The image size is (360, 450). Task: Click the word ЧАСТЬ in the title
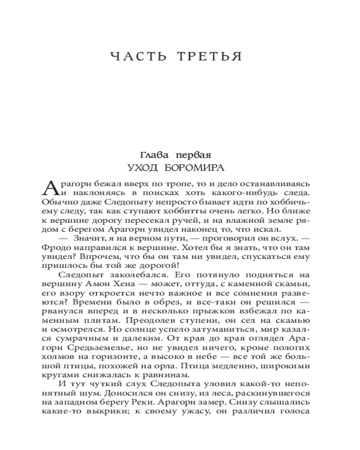[135, 57]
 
